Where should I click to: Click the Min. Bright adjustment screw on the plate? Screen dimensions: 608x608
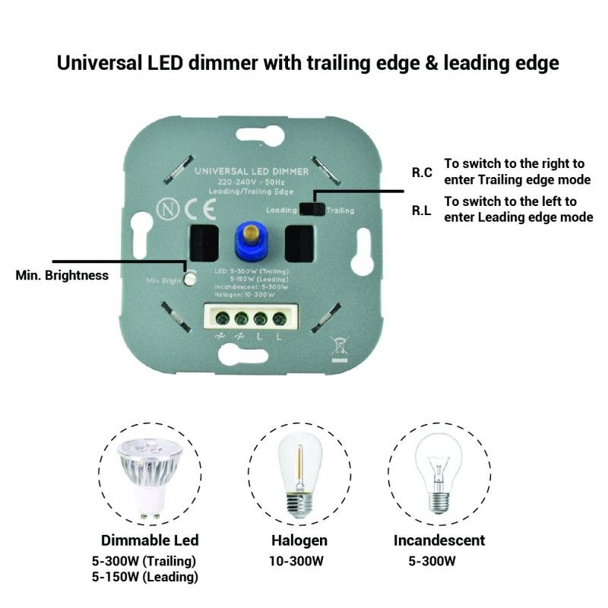(190, 279)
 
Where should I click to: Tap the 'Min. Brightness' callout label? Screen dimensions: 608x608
(62, 275)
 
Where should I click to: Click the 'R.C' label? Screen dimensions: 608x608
(422, 173)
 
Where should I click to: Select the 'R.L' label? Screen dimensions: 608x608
(422, 211)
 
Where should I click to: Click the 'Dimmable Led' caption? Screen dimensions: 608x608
(150, 540)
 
